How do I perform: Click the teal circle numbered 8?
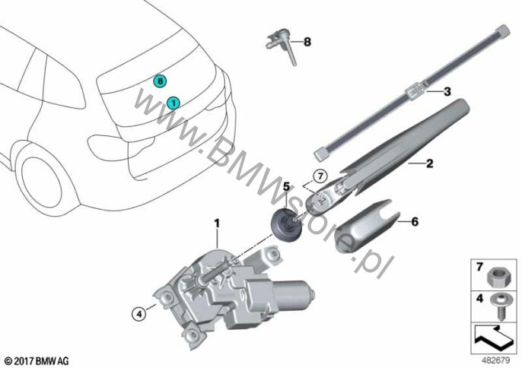(x=160, y=81)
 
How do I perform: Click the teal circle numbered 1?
(x=173, y=103)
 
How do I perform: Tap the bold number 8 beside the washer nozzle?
(x=307, y=42)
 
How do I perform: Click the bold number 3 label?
(x=447, y=90)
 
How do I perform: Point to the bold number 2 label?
(x=429, y=163)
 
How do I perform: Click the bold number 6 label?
(x=415, y=221)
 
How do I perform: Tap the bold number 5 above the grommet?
(x=287, y=186)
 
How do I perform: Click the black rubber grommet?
(x=286, y=222)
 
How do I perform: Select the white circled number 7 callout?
(x=320, y=176)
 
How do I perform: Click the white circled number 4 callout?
(x=138, y=313)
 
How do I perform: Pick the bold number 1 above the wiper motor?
(x=217, y=224)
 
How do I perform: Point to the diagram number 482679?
(x=495, y=360)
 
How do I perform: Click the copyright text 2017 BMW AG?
(x=37, y=360)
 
